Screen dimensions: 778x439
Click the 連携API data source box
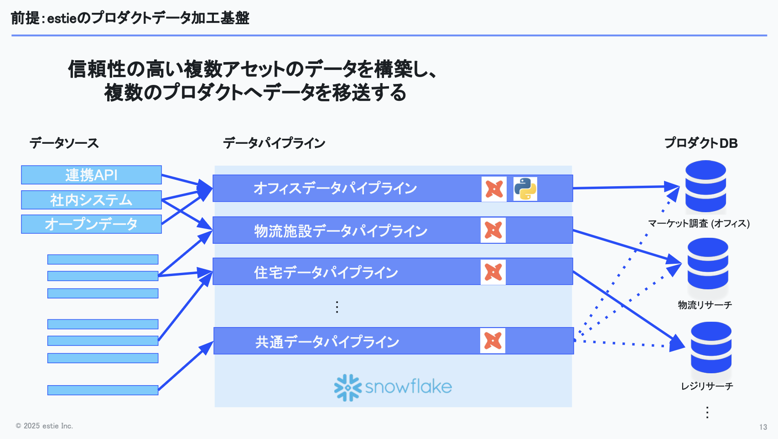pyautogui.click(x=91, y=175)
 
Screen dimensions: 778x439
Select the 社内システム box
pyautogui.click(x=91, y=200)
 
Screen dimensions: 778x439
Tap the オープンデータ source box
pyautogui.click(x=91, y=224)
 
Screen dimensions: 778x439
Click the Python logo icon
pyautogui.click(x=525, y=189)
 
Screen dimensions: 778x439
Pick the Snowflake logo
pyautogui.click(x=393, y=387)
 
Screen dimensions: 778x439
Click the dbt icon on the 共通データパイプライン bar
pyautogui.click(x=493, y=340)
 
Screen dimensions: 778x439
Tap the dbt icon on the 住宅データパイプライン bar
pyautogui.click(x=493, y=272)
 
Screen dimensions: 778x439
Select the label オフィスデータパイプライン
pyautogui.click(x=335, y=188)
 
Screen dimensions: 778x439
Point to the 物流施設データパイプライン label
pyautogui.click(x=340, y=231)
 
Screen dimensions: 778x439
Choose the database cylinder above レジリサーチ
pyautogui.click(x=711, y=348)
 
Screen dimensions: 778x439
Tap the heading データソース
pyautogui.click(x=64, y=143)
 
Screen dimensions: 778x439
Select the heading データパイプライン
pyautogui.click(x=274, y=143)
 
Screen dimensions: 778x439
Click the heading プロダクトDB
pyautogui.click(x=701, y=143)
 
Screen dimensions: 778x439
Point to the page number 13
pyautogui.click(x=763, y=427)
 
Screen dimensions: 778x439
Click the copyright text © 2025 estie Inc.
pyautogui.click(x=44, y=426)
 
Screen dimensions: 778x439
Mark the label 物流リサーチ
pyautogui.click(x=705, y=305)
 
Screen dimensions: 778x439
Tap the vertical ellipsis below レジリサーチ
pyautogui.click(x=707, y=412)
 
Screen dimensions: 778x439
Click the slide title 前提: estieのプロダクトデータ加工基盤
pyautogui.click(x=130, y=18)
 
